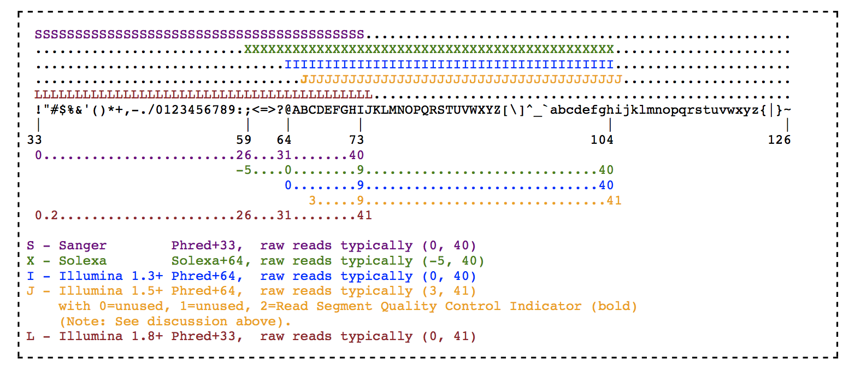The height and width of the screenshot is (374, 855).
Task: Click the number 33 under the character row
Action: pyautogui.click(x=34, y=140)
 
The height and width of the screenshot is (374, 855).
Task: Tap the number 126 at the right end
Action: pyautogui.click(x=779, y=140)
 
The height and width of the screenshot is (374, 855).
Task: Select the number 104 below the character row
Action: pyautogui.click(x=602, y=140)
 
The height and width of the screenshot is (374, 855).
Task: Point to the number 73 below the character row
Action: pyautogui.click(x=356, y=140)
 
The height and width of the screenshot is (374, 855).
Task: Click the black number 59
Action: pyautogui.click(x=244, y=140)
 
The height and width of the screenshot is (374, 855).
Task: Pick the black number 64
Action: pyautogui.click(x=284, y=140)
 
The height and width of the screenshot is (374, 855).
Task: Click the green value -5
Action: pyautogui.click(x=244, y=170)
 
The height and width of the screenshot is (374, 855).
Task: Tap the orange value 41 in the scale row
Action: pyautogui.click(x=614, y=201)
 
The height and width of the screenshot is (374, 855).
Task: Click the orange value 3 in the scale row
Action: pyautogui.click(x=312, y=201)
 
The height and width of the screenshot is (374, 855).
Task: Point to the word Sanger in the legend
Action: pyautogui.click(x=83, y=246)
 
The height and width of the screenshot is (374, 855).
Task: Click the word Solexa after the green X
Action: pyautogui.click(x=83, y=261)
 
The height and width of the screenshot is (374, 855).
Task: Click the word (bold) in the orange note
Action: pyautogui.click(x=614, y=306)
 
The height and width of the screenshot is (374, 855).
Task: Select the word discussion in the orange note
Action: pyautogui.click(x=187, y=322)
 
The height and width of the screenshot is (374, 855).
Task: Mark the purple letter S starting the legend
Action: pyautogui.click(x=30, y=246)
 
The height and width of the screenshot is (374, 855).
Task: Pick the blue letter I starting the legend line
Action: pyautogui.click(x=30, y=276)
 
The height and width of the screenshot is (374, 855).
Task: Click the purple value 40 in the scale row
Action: pyautogui.click(x=356, y=155)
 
